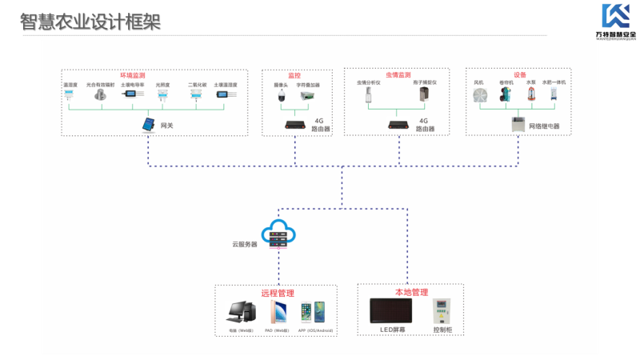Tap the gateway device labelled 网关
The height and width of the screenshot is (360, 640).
coord(149,125)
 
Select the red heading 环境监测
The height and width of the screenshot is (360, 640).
coord(133,74)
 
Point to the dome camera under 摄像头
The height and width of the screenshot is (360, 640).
coord(281,97)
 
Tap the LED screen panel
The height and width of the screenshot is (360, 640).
coord(393,310)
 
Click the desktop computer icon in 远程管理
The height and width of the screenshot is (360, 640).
coord(238,312)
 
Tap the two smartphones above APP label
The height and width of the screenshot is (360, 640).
coord(312,311)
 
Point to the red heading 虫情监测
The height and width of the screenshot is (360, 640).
coord(398,74)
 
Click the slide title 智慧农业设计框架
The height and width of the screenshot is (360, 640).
coord(90,22)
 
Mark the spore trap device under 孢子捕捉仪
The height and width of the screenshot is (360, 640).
coord(423,97)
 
